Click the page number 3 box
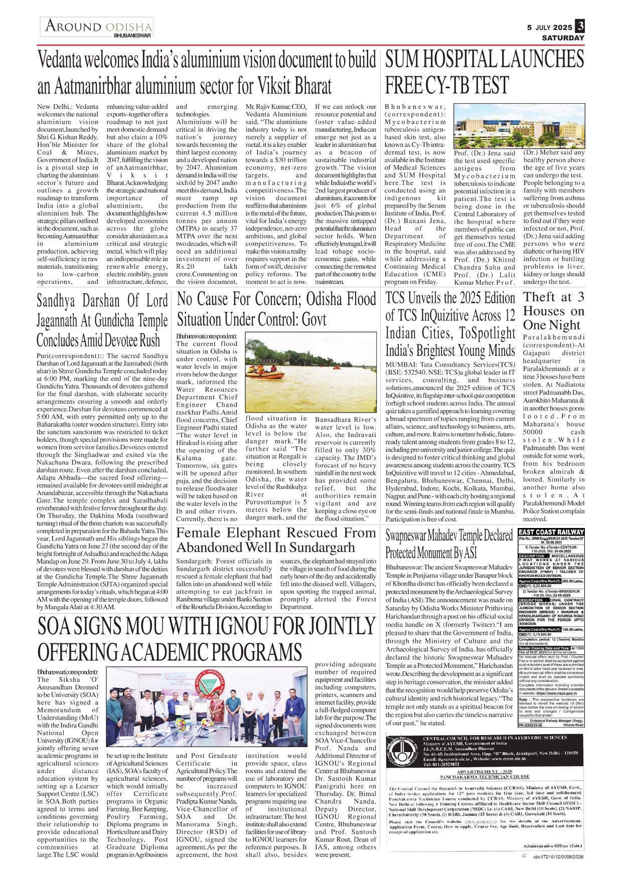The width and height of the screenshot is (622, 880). (x=580, y=26)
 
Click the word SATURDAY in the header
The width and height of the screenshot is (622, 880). (x=563, y=38)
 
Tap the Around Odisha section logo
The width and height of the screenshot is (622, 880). (x=97, y=27)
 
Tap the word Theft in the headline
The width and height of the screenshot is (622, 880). (x=540, y=297)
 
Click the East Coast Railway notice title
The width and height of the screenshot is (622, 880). (x=551, y=532)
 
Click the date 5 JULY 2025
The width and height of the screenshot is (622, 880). (x=549, y=28)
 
